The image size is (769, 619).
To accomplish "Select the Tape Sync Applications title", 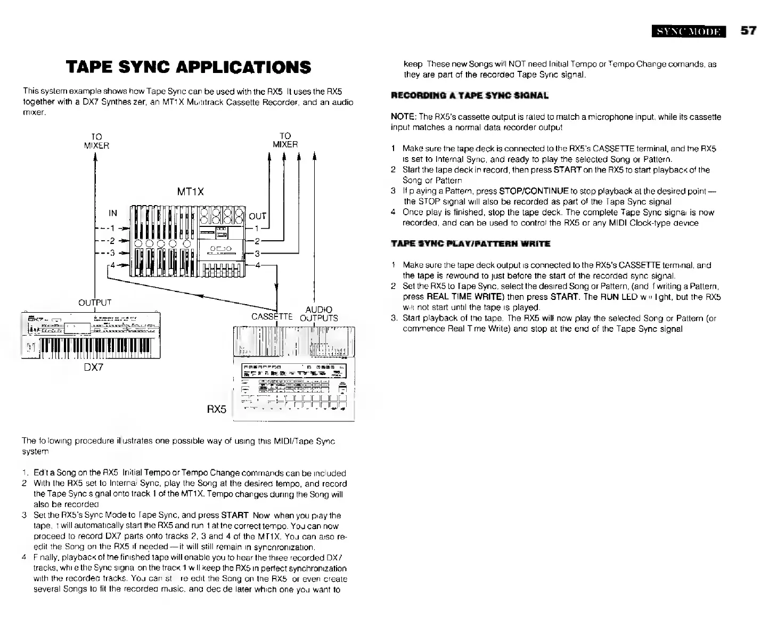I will point(188,67).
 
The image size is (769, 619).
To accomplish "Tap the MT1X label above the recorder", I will point(191,191).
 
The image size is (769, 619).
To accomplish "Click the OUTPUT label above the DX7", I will point(95,303).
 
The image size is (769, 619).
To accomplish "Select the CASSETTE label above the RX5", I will point(272,317).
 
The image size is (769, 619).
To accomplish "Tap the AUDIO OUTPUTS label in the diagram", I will point(319,314).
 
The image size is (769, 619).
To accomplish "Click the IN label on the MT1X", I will point(113,213).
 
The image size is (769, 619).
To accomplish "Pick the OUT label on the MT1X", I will point(258,216).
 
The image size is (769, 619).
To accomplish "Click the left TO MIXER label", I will point(96,141).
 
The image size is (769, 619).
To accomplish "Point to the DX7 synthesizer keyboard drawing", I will point(91,335).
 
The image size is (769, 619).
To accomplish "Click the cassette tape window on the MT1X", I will point(220,249).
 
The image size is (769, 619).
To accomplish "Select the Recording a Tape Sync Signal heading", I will point(469,96).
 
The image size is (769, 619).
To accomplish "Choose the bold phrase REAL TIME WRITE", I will point(461,297).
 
